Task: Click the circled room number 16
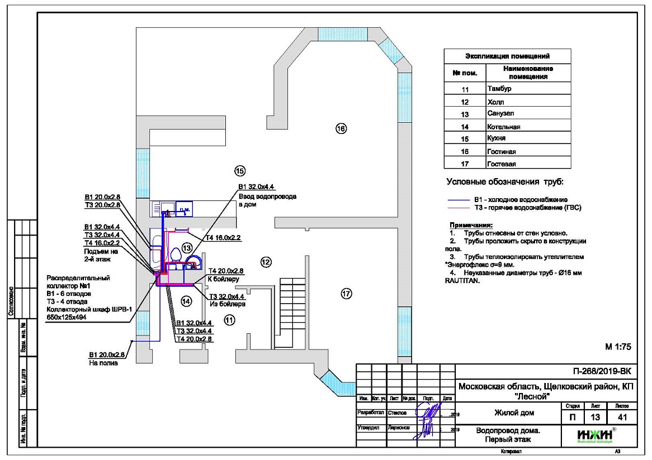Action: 341,128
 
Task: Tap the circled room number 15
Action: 240,170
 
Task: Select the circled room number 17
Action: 346,294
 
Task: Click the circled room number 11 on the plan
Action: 228,319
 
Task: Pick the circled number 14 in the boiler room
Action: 187,301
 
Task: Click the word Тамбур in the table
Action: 499,89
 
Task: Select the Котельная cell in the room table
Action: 504,127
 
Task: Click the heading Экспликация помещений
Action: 507,56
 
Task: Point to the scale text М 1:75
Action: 618,347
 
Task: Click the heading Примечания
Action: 467,225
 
